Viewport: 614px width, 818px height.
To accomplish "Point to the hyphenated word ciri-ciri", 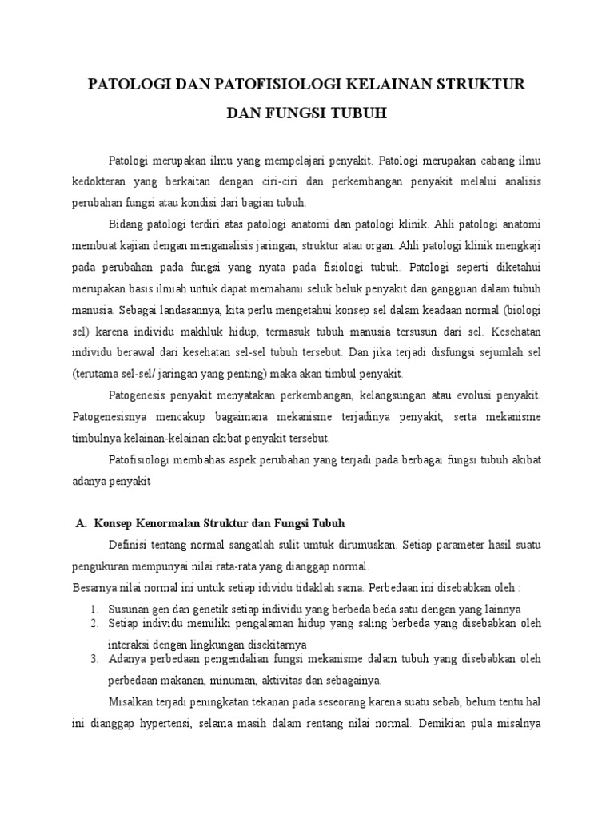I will click(x=321, y=181).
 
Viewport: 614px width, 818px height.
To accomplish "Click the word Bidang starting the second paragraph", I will click(x=126, y=224).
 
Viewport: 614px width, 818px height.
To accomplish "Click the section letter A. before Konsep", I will click(x=80, y=524).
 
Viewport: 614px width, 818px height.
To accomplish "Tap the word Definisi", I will click(x=130, y=546).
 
